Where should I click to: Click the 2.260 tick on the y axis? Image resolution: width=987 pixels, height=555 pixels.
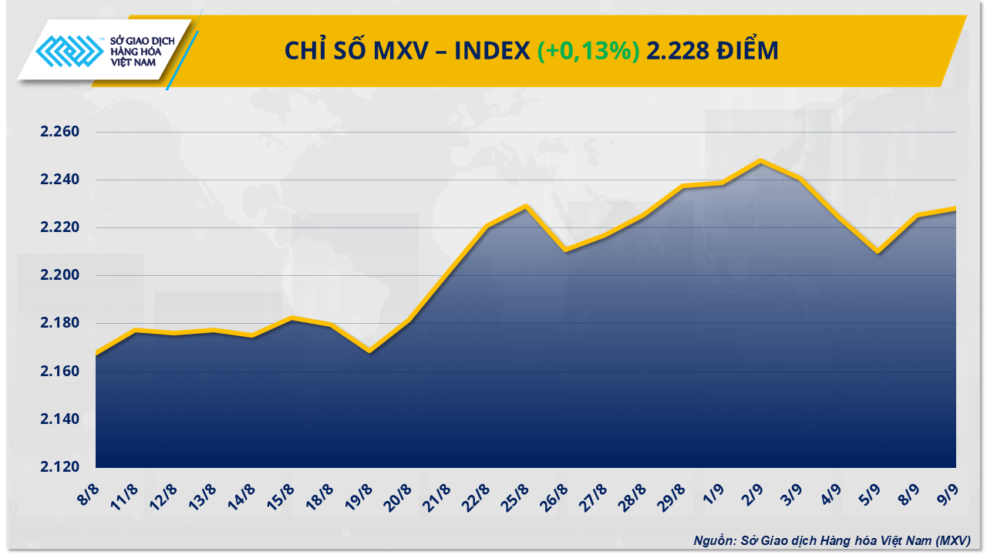click(60, 132)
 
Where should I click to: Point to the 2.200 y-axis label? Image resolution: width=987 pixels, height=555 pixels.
click(60, 275)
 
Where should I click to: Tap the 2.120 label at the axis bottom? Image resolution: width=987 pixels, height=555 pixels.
click(60, 467)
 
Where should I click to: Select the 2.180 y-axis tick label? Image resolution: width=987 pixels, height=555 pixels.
click(60, 323)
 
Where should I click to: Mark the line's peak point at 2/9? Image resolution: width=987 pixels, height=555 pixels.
click(761, 160)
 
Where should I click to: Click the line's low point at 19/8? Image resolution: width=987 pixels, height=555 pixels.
click(369, 351)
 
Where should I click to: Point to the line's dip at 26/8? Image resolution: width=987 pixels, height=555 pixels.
click(565, 250)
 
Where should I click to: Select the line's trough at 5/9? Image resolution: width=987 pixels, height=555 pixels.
click(878, 251)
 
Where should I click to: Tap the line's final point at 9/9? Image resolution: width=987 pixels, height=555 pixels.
click(955, 208)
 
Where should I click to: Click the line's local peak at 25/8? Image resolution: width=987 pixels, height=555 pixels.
click(526, 206)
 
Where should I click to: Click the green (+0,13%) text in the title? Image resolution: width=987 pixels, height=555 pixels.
click(588, 51)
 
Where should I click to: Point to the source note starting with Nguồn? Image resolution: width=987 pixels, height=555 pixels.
click(832, 540)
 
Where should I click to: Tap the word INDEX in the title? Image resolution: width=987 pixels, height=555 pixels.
click(490, 51)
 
